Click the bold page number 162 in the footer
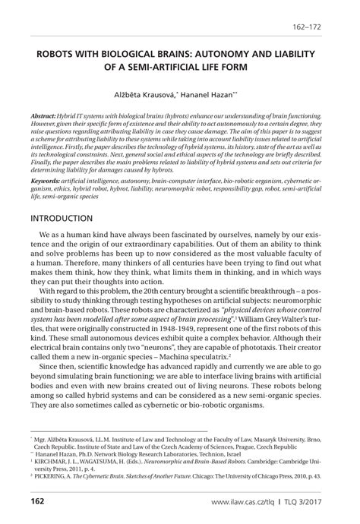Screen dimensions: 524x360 pyautogui.click(x=38, y=501)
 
